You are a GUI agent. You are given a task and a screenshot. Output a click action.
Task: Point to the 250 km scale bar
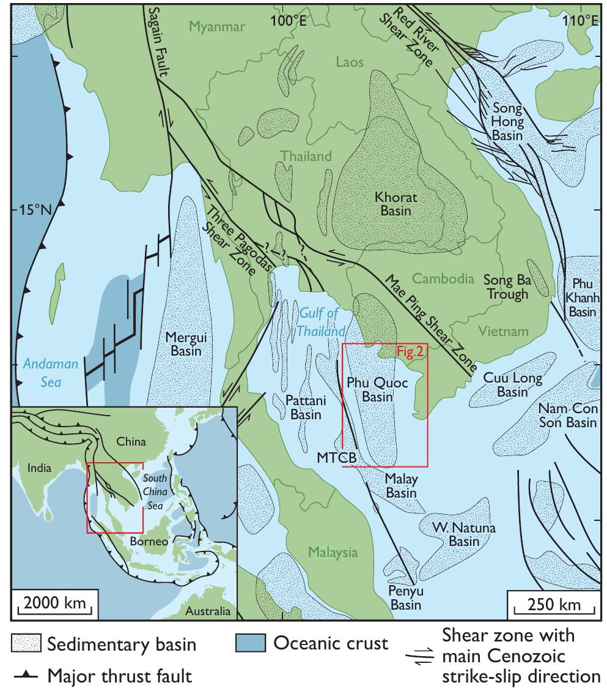tap(553, 605)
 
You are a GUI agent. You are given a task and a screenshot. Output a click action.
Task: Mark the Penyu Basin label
tap(406, 598)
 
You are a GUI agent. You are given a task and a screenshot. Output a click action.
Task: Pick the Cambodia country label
tap(443, 278)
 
